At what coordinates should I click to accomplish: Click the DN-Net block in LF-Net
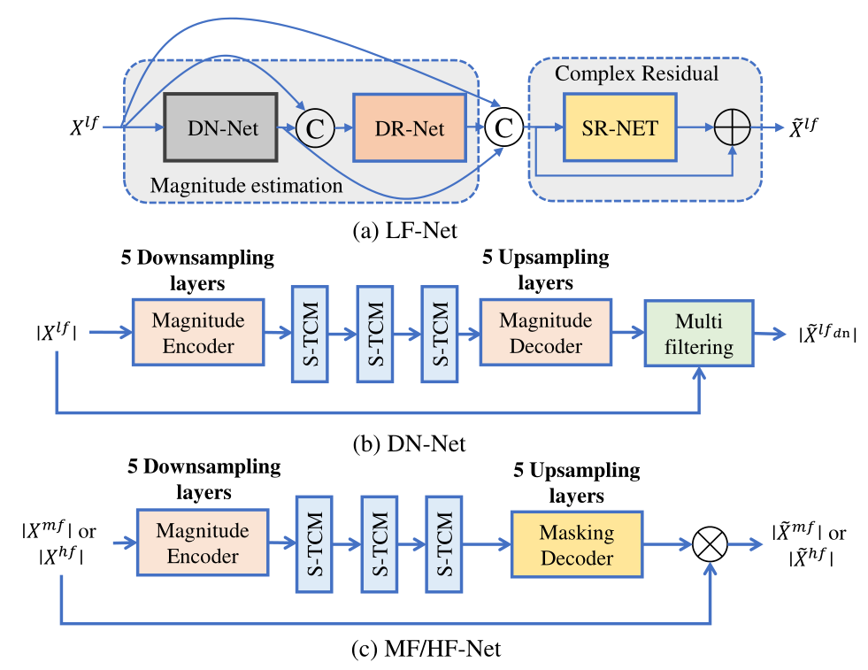(x=221, y=127)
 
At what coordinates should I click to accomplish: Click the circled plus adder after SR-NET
(x=732, y=127)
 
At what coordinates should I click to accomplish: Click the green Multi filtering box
(x=699, y=334)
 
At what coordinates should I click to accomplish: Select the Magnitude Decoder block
(x=545, y=332)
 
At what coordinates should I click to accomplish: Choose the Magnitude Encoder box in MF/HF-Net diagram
(x=202, y=543)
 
